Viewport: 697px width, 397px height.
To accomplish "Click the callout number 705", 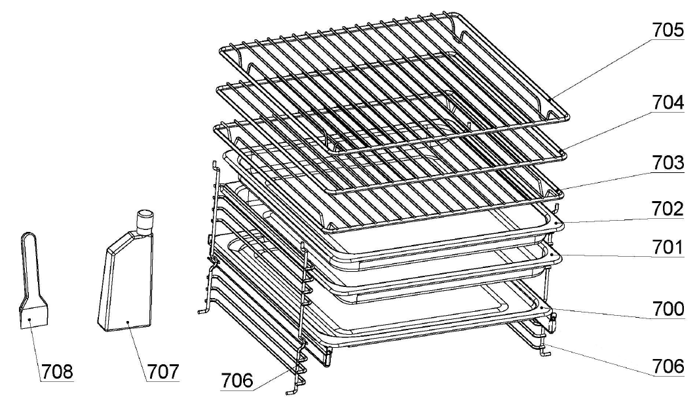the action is pos(668,29).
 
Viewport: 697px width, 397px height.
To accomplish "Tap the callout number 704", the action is pos(668,103).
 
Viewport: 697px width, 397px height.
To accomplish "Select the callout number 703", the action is pos(668,162).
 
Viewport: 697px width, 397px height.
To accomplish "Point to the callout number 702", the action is pos(668,208).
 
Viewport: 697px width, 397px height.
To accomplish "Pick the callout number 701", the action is pos(668,247).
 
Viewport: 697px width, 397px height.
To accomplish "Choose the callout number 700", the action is pos(668,309).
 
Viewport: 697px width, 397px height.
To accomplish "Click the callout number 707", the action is pos(163,371).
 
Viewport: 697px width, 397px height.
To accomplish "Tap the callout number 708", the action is pos(58,371).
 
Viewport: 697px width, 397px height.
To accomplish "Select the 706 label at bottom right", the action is pos(668,366).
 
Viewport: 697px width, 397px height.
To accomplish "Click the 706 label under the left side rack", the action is pos(237,381).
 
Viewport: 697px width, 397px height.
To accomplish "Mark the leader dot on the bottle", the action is pos(128,321).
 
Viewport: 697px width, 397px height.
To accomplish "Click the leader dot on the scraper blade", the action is pos(28,319).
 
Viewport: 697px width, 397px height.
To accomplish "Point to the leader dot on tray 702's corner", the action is pos(556,221).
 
